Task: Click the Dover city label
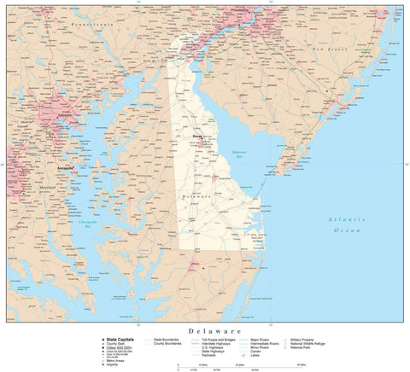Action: point(196,135)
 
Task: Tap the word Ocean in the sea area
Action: point(348,230)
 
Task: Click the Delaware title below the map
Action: point(204,329)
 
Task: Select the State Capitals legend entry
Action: point(114,339)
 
